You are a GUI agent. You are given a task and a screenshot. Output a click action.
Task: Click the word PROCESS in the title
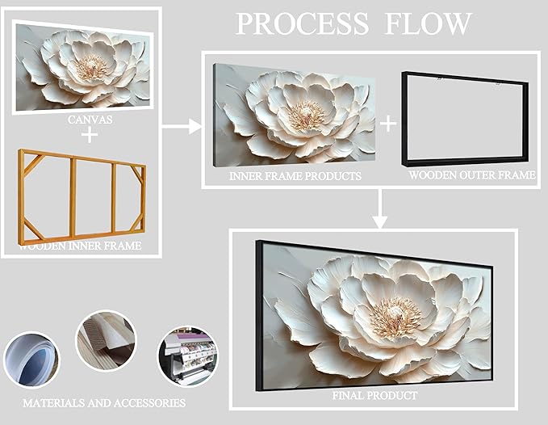coord(303,23)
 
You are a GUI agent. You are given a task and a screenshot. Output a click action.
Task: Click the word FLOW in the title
coord(428,23)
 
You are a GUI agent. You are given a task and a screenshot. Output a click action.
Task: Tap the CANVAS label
coord(90,120)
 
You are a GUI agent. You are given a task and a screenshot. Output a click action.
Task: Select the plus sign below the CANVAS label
coord(90,135)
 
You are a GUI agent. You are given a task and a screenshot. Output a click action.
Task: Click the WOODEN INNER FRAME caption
coord(80,246)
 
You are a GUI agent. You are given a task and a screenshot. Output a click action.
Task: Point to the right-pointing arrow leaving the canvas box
coord(182,126)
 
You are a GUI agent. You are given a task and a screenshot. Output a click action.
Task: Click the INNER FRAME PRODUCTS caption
coord(295,175)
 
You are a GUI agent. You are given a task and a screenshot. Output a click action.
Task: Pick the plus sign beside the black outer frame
coord(388,124)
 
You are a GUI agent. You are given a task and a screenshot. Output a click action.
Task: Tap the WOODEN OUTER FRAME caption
coord(472,175)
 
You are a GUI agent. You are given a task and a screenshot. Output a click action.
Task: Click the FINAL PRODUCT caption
coord(374,395)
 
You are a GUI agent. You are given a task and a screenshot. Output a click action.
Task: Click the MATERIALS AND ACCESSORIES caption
coord(104,403)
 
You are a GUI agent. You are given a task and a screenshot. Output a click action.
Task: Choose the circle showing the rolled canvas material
coord(31,360)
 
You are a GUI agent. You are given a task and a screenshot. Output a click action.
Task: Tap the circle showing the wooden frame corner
coord(107,341)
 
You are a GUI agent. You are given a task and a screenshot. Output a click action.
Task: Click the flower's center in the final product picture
coord(396,316)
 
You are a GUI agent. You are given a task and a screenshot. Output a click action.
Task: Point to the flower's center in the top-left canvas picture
coord(92,67)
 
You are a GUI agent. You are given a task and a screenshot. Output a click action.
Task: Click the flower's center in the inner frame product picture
coord(307,114)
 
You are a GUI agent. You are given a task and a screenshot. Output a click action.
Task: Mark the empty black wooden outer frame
coord(404,119)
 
